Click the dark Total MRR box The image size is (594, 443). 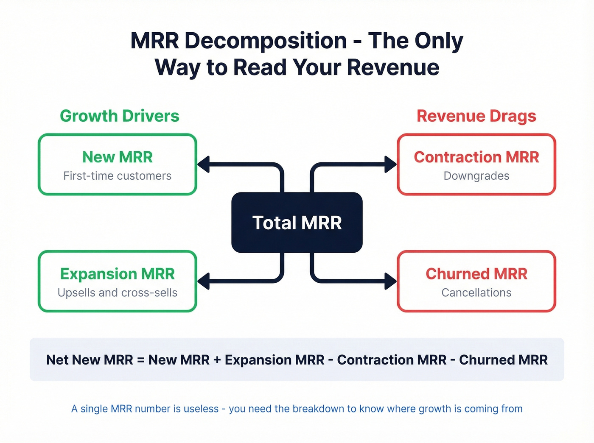point(297,223)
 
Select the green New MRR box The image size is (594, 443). point(118,164)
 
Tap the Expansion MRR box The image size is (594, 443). point(118,281)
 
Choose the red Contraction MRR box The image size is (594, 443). point(476,164)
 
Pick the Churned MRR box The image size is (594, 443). point(476,281)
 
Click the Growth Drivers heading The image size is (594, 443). point(120,116)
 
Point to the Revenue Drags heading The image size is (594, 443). point(476,116)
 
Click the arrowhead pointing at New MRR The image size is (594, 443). point(204,164)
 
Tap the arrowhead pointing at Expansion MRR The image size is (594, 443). point(204,281)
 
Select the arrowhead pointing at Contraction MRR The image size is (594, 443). point(390,164)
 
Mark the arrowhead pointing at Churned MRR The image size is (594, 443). point(390,281)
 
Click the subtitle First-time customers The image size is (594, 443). point(118,176)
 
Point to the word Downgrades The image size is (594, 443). point(476,176)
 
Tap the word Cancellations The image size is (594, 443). point(476,293)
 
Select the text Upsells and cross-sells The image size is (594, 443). point(118,293)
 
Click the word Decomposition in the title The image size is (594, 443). point(266,41)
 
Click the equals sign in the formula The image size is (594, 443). point(141,360)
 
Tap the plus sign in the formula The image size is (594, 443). point(217,360)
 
